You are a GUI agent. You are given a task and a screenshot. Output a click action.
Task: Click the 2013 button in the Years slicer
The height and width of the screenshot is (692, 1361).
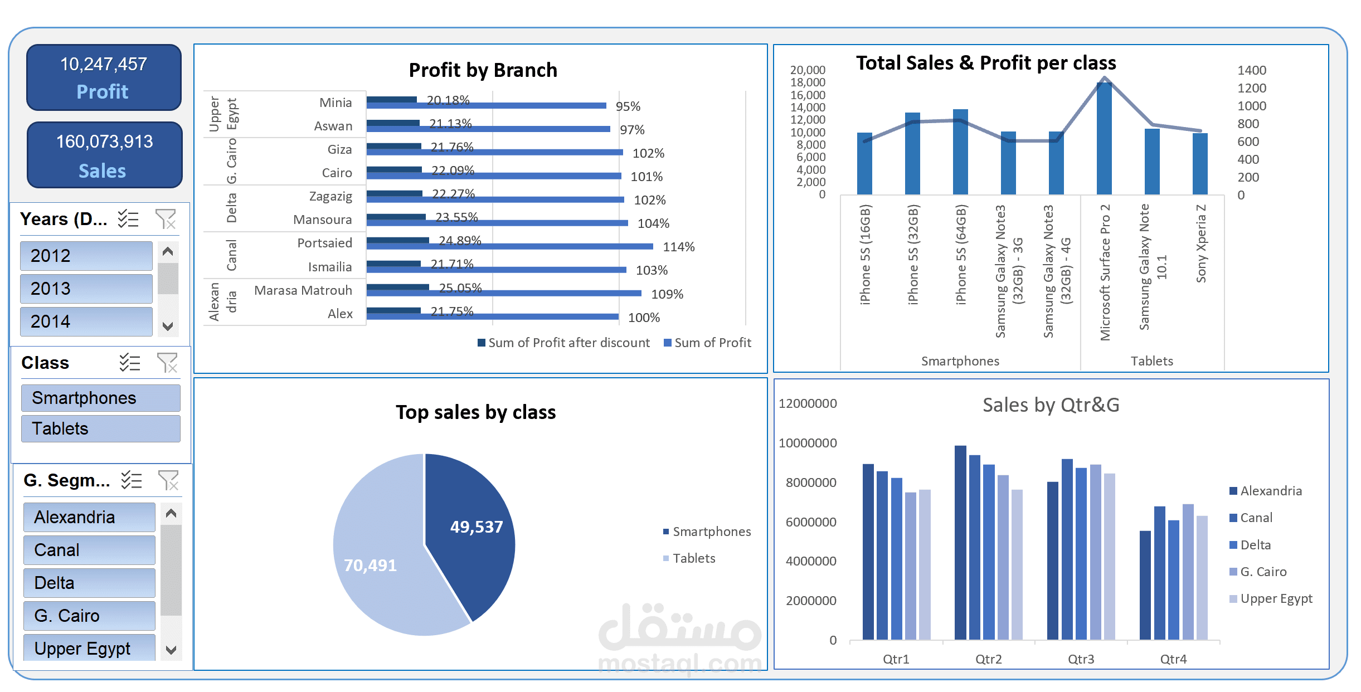coord(86,289)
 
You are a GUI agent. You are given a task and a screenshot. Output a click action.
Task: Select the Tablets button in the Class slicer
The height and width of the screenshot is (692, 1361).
coord(100,428)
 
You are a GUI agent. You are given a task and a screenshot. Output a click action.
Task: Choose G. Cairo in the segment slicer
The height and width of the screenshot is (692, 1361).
coord(89,616)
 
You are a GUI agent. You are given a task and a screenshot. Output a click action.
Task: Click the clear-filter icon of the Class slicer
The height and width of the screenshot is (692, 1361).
coord(167,363)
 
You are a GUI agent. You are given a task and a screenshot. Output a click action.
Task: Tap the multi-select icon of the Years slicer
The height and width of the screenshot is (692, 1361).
coord(128,219)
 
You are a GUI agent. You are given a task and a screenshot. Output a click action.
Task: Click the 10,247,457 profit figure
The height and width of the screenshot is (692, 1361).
coord(104,64)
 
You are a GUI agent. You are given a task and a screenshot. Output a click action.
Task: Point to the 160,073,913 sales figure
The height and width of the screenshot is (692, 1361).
coord(104,142)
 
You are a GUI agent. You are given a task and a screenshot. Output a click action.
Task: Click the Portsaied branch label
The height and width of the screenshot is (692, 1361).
coord(324,243)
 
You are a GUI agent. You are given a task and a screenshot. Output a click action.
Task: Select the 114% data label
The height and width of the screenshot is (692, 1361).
coord(678,247)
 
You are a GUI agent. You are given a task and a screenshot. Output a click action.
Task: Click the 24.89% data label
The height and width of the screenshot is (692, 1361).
coord(459,241)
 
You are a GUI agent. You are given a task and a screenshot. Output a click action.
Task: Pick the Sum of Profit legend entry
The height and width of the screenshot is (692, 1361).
coord(707,343)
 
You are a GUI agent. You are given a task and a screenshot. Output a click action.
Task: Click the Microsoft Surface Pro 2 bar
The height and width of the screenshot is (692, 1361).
coord(1104,139)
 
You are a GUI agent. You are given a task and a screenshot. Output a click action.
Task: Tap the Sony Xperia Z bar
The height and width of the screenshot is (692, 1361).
coord(1200,164)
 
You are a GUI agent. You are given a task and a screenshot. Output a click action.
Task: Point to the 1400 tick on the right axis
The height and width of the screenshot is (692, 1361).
coord(1251,70)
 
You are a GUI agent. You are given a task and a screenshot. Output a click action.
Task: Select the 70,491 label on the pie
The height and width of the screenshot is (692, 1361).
coord(370,566)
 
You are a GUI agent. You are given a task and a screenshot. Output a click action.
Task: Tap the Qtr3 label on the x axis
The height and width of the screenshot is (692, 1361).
coord(1081,659)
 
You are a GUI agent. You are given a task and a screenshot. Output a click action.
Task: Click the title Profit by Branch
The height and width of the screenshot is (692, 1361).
coord(483,70)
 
